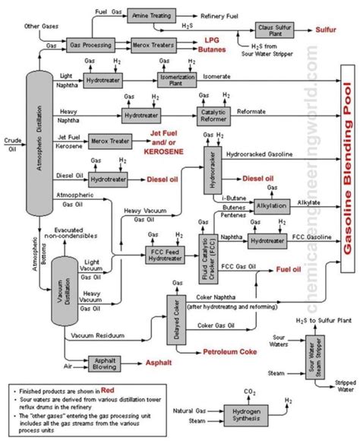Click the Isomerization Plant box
[x=178, y=78]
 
